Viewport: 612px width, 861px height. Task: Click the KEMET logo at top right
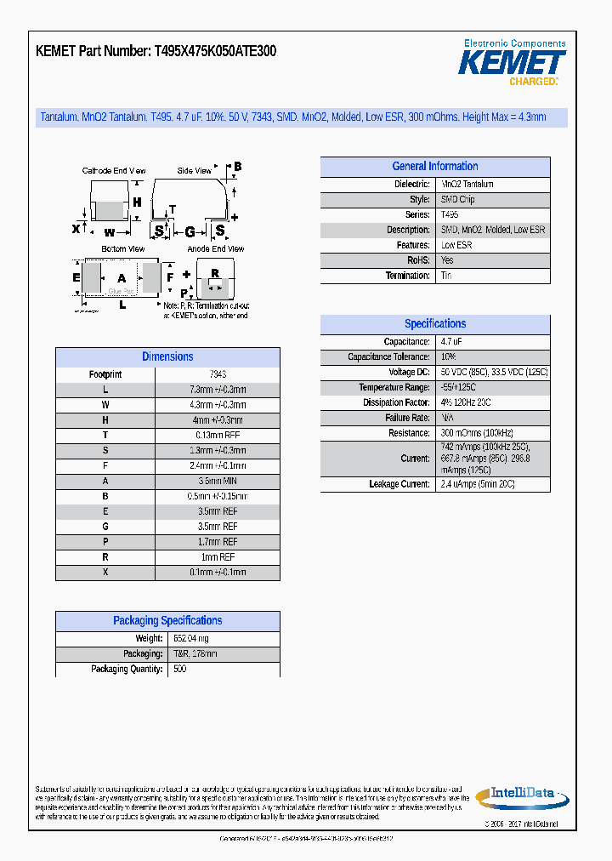click(512, 62)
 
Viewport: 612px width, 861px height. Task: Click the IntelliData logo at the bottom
click(518, 796)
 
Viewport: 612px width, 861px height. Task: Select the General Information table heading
click(434, 167)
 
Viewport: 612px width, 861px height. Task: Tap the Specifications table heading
click(434, 324)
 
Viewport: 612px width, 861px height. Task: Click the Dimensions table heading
click(167, 357)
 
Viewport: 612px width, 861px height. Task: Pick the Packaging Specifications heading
click(167, 621)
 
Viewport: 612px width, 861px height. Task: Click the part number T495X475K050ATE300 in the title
click(215, 51)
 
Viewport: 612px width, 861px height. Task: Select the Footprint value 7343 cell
click(218, 374)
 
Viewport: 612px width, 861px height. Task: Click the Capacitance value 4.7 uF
click(451, 342)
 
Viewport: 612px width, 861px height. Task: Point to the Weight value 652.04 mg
click(190, 639)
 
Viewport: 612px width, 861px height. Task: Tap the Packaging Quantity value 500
click(179, 670)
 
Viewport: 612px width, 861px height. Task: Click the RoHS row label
click(418, 260)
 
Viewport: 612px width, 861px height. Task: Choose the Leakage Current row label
click(399, 484)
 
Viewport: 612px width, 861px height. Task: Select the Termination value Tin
click(446, 276)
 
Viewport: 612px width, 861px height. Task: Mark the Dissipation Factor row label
click(396, 403)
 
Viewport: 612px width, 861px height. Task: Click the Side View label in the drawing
click(194, 171)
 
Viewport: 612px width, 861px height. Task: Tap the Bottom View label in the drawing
click(123, 249)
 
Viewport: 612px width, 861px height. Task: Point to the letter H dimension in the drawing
click(137, 202)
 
